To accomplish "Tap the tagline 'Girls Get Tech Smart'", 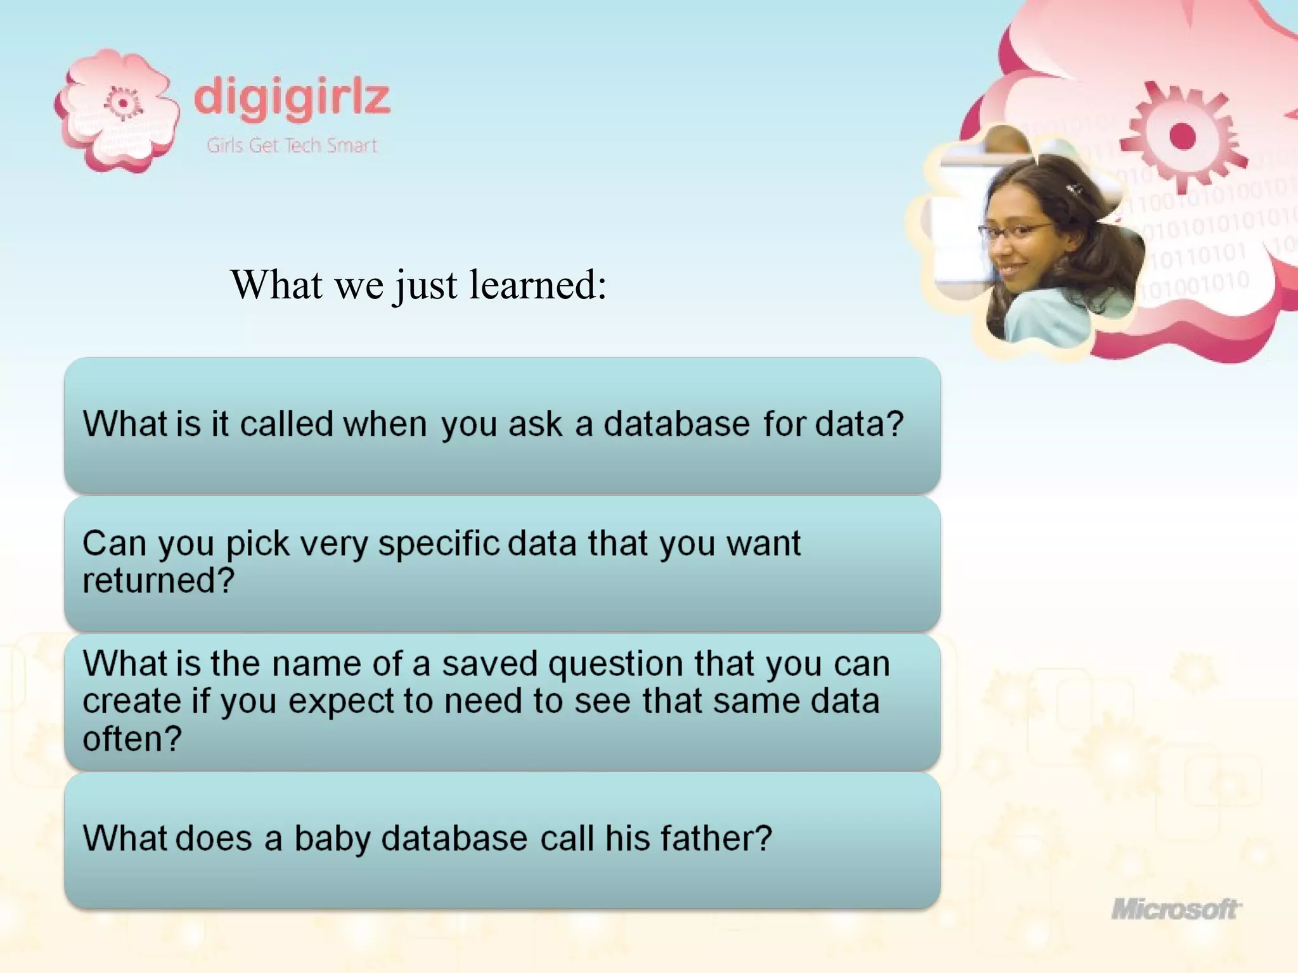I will [x=292, y=146].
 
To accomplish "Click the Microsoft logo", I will [x=1176, y=910].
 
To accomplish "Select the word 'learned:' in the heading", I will [x=538, y=284].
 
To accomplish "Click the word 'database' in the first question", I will [x=676, y=424].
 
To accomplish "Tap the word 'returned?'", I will [x=158, y=580].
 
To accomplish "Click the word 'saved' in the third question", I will [x=489, y=664].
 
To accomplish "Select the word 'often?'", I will [x=132, y=739].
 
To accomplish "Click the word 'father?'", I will [x=716, y=838].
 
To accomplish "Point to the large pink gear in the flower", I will [x=1181, y=136].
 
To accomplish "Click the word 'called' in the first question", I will [x=286, y=424].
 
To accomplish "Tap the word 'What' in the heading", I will [x=276, y=284].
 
